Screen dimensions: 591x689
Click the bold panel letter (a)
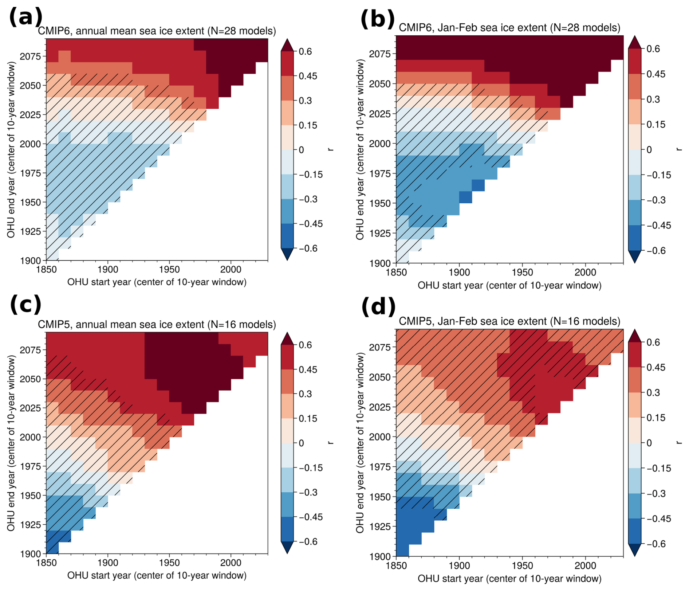point(25,17)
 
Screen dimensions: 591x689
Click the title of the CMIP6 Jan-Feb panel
point(509,28)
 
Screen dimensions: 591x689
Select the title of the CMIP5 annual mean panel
point(157,324)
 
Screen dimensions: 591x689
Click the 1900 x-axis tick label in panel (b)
point(459,272)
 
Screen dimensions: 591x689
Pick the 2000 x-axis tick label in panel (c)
point(231,563)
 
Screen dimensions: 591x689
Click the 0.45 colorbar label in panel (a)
point(308,76)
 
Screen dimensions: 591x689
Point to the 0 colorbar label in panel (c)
point(301,443)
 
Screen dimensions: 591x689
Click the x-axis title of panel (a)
point(157,282)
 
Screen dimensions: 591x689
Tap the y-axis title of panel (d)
point(360,443)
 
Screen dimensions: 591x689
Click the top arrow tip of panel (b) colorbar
point(634,36)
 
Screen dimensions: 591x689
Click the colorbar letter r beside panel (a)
point(330,150)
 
